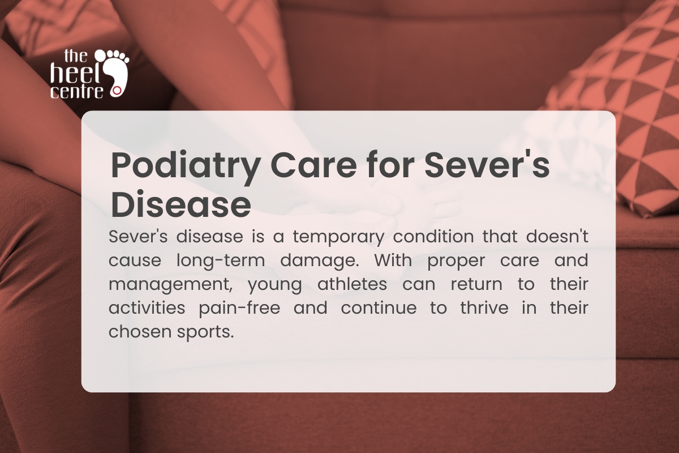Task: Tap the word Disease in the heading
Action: [x=181, y=205]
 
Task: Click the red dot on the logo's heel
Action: [x=117, y=89]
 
